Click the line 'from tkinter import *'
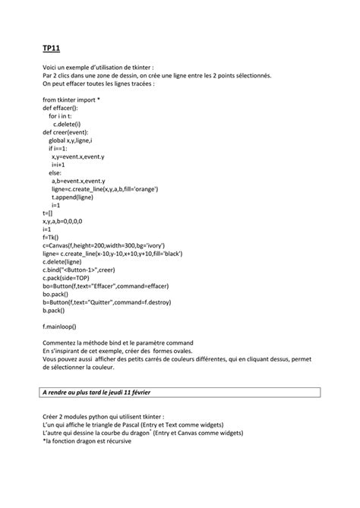click(x=71, y=99)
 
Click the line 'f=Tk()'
click(x=51, y=237)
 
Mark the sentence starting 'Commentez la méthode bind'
click(x=118, y=342)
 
